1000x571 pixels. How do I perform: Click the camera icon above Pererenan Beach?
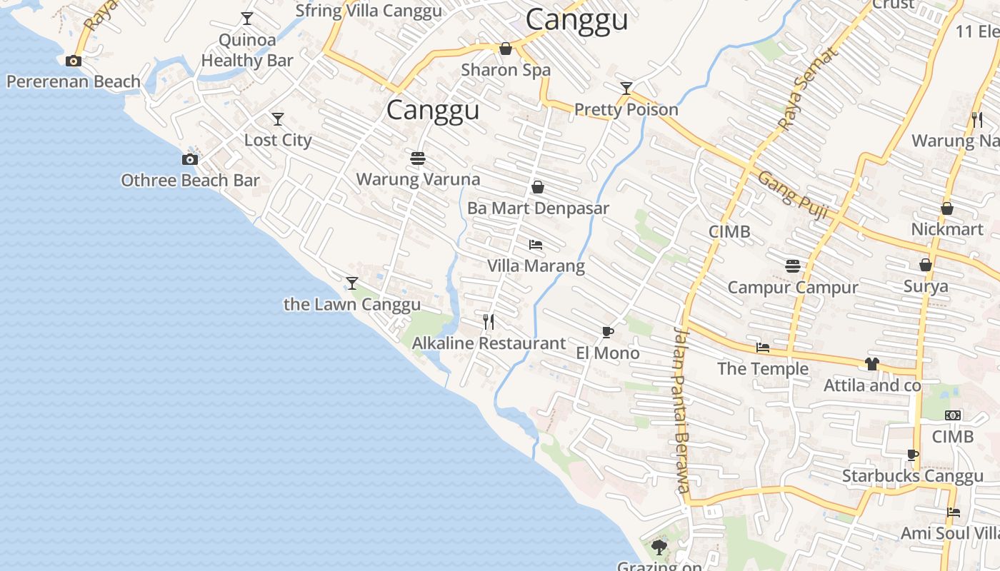point(74,61)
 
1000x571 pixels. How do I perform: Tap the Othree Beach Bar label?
point(190,181)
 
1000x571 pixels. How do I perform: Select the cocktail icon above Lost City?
point(278,119)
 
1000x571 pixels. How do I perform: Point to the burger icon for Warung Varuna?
point(418,158)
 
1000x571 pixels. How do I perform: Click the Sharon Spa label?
point(506,70)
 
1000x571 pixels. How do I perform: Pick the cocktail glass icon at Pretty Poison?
point(626,89)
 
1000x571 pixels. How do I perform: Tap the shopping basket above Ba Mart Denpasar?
point(538,187)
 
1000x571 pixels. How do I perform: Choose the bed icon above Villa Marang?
point(536,246)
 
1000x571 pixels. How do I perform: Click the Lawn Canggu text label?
point(352,305)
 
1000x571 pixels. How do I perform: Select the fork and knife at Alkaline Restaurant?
point(489,322)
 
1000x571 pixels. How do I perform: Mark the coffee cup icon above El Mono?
point(607,332)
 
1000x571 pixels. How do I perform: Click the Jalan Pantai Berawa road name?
point(681,410)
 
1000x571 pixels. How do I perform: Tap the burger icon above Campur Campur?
point(792,266)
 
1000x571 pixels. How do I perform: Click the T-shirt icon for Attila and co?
point(871,364)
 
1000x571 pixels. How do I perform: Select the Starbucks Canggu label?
point(913,476)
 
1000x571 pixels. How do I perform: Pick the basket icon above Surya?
point(926,265)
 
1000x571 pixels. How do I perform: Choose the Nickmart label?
point(947,229)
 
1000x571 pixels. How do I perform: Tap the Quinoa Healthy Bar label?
point(247,50)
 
